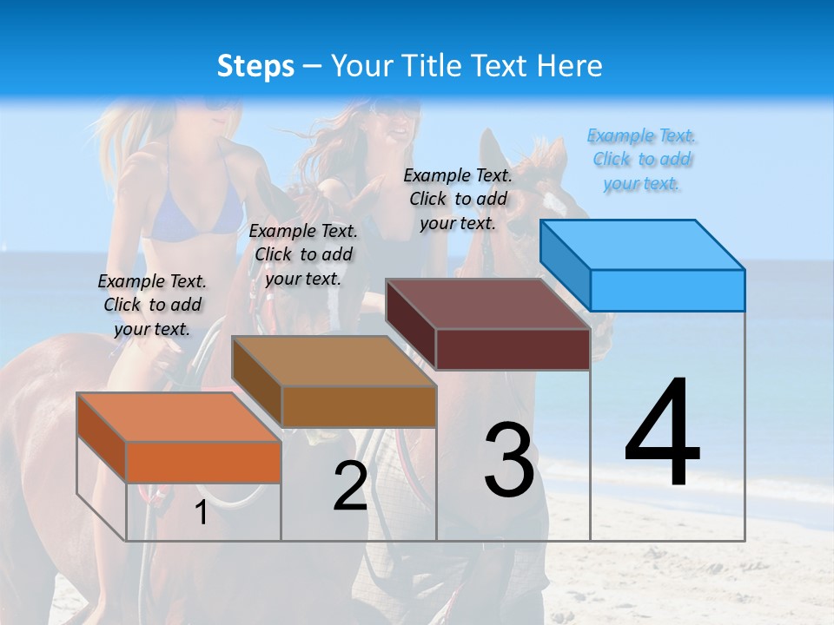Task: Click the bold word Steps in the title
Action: (x=255, y=66)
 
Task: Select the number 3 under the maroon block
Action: (x=509, y=459)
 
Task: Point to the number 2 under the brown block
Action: (x=350, y=486)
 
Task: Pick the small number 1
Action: (x=202, y=513)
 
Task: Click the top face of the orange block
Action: (x=179, y=417)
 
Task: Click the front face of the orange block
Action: (x=203, y=462)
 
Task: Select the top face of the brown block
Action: (x=334, y=360)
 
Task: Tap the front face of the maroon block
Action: (x=513, y=349)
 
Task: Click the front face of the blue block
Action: (x=667, y=290)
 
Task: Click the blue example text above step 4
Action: (x=642, y=160)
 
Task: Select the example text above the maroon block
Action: (x=458, y=199)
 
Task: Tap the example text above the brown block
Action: (x=303, y=254)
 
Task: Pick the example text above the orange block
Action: (x=152, y=305)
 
